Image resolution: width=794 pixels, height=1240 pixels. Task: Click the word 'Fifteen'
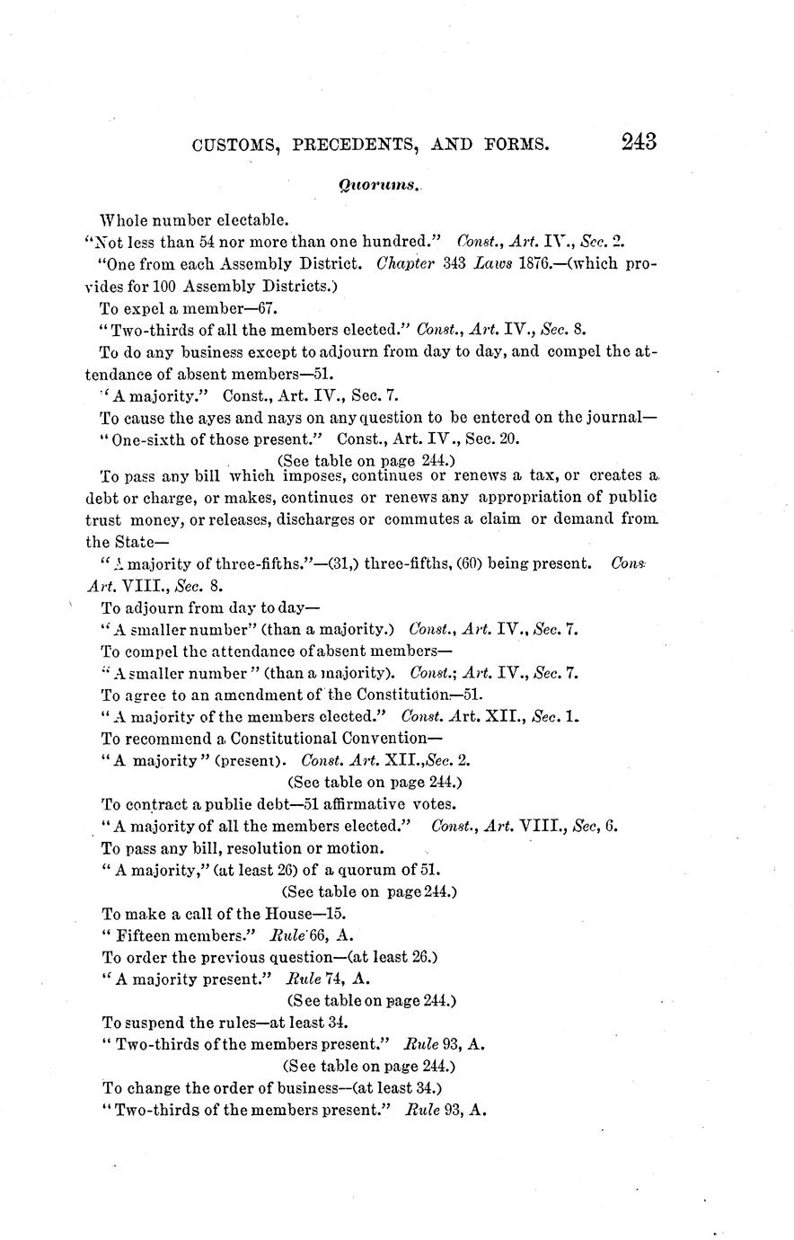point(147,934)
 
